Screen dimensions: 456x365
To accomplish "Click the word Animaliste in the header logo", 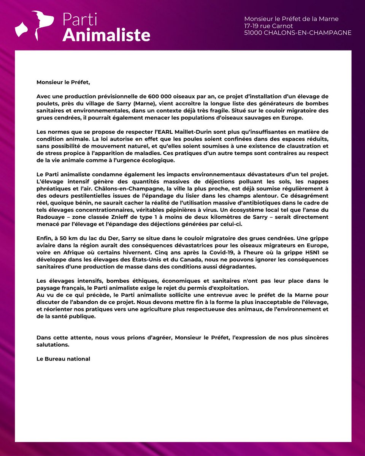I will [106, 35].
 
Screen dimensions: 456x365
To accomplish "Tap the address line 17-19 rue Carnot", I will [268, 26].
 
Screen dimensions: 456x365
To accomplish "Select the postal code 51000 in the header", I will [254, 33].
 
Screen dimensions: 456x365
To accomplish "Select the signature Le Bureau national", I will [63, 358].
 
